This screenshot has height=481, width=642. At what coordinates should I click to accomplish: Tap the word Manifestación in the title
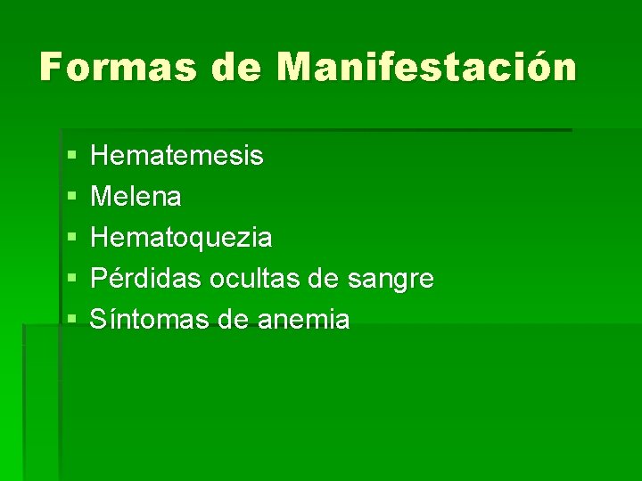(x=427, y=68)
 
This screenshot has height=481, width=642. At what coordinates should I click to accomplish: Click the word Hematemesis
(x=177, y=156)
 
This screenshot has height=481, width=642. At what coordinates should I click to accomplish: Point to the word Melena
(x=136, y=197)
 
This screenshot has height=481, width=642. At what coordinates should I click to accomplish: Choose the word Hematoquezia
(x=182, y=238)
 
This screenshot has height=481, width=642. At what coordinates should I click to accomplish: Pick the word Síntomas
(x=148, y=319)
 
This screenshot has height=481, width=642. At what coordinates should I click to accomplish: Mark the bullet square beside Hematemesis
(x=70, y=157)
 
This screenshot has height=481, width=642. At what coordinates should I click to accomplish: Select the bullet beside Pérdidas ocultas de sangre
(x=70, y=280)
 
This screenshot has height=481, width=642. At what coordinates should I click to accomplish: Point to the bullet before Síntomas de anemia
(x=70, y=320)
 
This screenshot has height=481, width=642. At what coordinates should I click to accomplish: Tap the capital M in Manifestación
(x=296, y=68)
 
